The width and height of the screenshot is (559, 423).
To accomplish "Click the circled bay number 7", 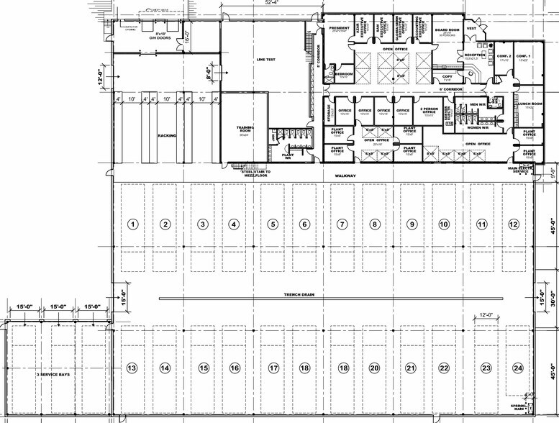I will tap(342, 224).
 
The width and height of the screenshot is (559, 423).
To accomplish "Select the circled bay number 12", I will tap(513, 224).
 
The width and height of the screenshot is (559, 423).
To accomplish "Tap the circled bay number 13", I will tap(132, 368).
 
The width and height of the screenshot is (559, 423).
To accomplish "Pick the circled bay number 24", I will tap(517, 368).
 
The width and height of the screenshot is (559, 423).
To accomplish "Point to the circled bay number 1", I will tap(132, 224).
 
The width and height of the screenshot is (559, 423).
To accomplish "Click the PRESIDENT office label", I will tap(339, 29).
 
